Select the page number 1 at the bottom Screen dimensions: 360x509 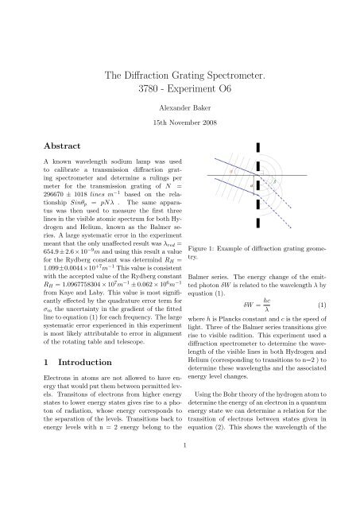[x=180, y=490]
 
